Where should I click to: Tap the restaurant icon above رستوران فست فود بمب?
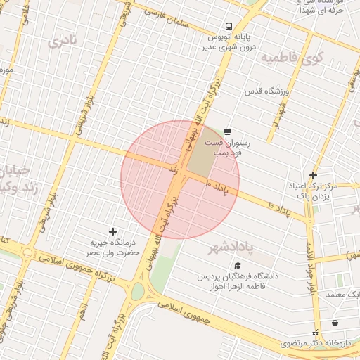pyautogui.click(x=227, y=131)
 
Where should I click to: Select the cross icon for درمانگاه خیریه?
pyautogui.click(x=112, y=231)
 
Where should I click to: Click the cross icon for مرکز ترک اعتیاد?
pyautogui.click(x=313, y=175)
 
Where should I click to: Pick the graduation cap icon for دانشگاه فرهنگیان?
pyautogui.click(x=238, y=266)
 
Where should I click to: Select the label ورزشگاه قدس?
pyautogui.click(x=263, y=92)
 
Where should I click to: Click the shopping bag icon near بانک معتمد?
pyautogui.click(x=335, y=323)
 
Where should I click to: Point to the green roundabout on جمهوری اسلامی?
pyautogui.click(x=138, y=290)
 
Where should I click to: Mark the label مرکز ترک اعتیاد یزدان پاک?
pyautogui.click(x=314, y=191)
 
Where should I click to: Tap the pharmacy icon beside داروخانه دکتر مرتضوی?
pyautogui.click(x=314, y=331)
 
